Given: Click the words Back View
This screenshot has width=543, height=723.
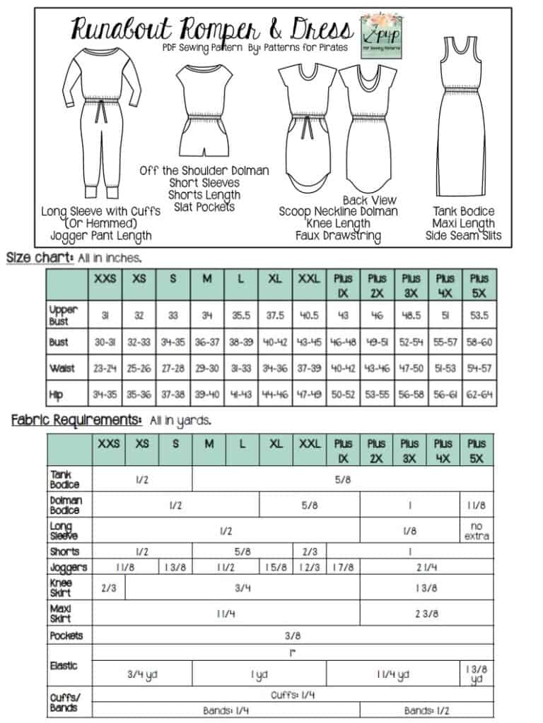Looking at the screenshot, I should coord(369,201).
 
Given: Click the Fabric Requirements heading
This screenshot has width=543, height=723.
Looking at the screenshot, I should coord(76,420).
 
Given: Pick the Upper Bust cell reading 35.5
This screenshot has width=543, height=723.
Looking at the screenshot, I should coord(241,316).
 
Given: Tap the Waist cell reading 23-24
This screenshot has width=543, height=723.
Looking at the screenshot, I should coord(106,368).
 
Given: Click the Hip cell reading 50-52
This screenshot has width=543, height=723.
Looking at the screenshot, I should coord(343,394).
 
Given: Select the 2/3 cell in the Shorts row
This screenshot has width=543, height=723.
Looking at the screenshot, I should coord(310,551).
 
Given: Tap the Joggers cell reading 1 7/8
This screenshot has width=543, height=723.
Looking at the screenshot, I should coord(343,567).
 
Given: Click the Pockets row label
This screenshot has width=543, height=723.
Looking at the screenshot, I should coord(66,635).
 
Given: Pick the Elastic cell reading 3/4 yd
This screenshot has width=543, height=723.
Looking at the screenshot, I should coord(142,674).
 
